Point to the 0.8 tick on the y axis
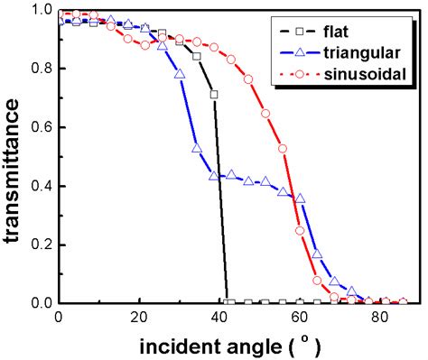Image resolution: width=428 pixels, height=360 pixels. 35,69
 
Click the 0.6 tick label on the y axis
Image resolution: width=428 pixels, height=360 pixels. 35,127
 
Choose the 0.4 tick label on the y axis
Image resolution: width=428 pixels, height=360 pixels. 35,186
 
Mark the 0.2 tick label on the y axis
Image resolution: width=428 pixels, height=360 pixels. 35,245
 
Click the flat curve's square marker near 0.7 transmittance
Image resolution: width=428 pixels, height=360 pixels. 214,94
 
